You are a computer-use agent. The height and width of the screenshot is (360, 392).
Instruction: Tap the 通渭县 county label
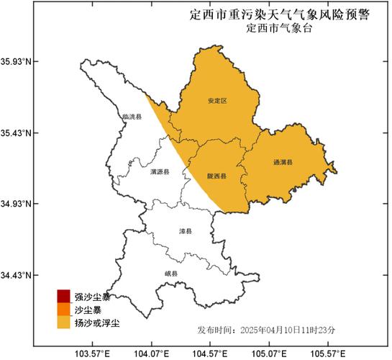point(283,163)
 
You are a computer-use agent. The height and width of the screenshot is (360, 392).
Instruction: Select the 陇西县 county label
point(218,175)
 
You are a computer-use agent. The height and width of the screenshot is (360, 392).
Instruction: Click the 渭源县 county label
point(160,173)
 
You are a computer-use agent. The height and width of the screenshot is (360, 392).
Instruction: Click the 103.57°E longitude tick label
point(92,353)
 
